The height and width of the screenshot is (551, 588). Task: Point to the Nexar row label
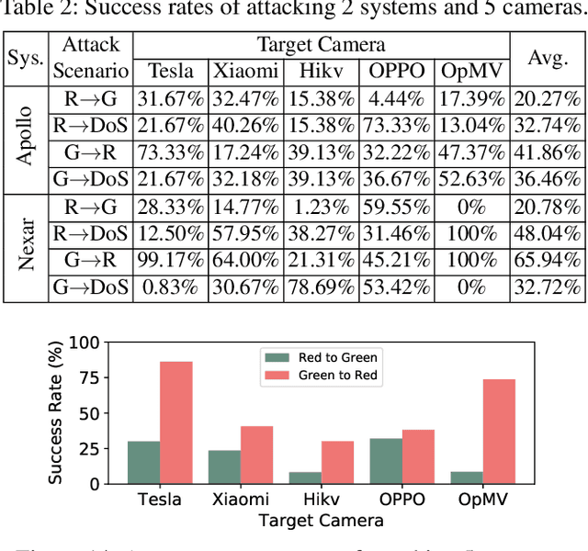click(26, 246)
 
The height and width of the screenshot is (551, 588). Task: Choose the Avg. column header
click(548, 58)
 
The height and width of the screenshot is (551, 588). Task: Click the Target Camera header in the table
click(321, 45)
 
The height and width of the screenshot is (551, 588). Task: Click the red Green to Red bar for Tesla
click(175, 422)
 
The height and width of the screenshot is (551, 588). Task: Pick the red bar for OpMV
click(499, 431)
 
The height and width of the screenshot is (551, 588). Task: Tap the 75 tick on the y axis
click(88, 377)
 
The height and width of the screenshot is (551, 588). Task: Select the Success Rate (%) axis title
click(58, 413)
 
